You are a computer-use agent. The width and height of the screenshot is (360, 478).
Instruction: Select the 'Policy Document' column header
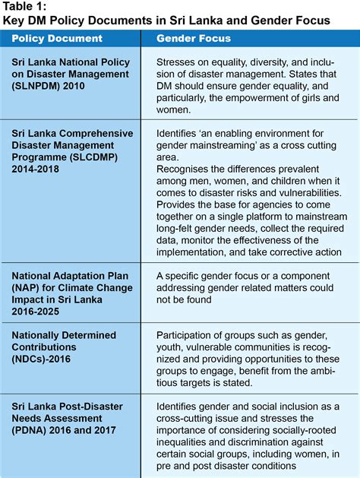pos(57,38)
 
